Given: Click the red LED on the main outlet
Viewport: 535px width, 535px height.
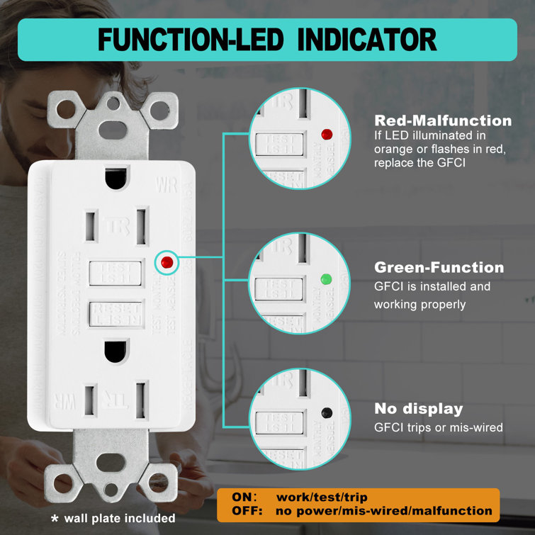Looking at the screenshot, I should tap(167, 262).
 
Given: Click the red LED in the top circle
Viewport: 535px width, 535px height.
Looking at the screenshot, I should tap(327, 133).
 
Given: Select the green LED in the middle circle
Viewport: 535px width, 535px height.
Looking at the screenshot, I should tap(327, 278).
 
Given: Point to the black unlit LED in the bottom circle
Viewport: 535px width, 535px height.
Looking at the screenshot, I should tap(326, 411).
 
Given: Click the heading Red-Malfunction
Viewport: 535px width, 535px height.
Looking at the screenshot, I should tap(443, 121).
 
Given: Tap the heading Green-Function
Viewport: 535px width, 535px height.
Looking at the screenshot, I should tap(439, 268).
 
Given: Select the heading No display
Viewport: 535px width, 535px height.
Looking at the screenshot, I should tap(419, 409).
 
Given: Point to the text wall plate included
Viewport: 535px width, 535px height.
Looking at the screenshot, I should tap(118, 518).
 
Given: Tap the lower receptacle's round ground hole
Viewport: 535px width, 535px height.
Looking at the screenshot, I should tap(113, 351).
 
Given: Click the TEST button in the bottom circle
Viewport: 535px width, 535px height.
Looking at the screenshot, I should tap(274, 422).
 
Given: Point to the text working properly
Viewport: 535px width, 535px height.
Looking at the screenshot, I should tap(420, 304).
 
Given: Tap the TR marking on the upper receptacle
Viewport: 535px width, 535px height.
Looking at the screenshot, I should tap(113, 226).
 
